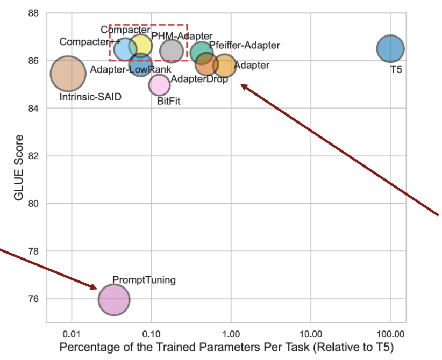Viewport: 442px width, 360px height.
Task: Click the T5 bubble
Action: click(390, 48)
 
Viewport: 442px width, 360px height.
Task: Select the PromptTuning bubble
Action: click(114, 299)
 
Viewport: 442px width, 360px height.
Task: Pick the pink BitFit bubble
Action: click(159, 84)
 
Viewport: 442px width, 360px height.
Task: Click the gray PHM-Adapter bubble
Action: click(172, 51)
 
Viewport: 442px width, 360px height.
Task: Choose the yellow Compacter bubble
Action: click(141, 45)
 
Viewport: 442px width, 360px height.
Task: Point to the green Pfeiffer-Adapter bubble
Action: click(202, 52)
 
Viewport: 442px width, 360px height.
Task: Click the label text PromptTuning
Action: click(144, 280)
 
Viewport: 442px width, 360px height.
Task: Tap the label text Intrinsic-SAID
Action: click(90, 97)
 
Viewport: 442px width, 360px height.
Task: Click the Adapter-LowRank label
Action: click(131, 69)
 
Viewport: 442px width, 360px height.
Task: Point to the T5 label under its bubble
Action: click(397, 69)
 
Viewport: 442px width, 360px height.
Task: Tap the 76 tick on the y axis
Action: click(33, 299)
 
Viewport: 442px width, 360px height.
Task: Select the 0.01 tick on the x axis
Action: click(71, 332)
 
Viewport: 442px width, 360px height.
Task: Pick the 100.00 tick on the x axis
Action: click(390, 332)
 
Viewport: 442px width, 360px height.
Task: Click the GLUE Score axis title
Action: click(19, 168)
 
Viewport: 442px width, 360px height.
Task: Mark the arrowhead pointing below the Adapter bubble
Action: click(243, 86)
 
